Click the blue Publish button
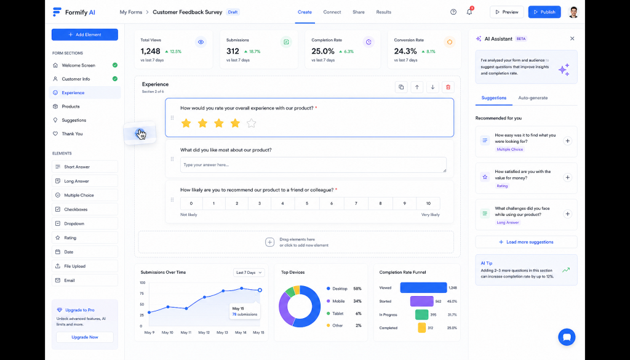tap(544, 12)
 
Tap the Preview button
tap(507, 12)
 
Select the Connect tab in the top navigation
tap(332, 12)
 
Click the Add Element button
tap(85, 34)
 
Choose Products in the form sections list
tap(71, 106)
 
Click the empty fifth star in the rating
tap(252, 123)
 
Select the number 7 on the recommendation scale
tap(356, 203)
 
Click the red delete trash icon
tap(448, 87)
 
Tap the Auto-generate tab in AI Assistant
tap(533, 98)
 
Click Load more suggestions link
tap(526, 242)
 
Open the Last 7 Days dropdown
tap(249, 273)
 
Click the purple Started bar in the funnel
tap(422, 302)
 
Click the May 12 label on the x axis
tap(204, 332)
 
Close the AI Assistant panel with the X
tap(572, 39)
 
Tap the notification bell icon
tap(469, 12)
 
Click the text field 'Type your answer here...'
tap(313, 165)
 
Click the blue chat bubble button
tap(567, 337)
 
